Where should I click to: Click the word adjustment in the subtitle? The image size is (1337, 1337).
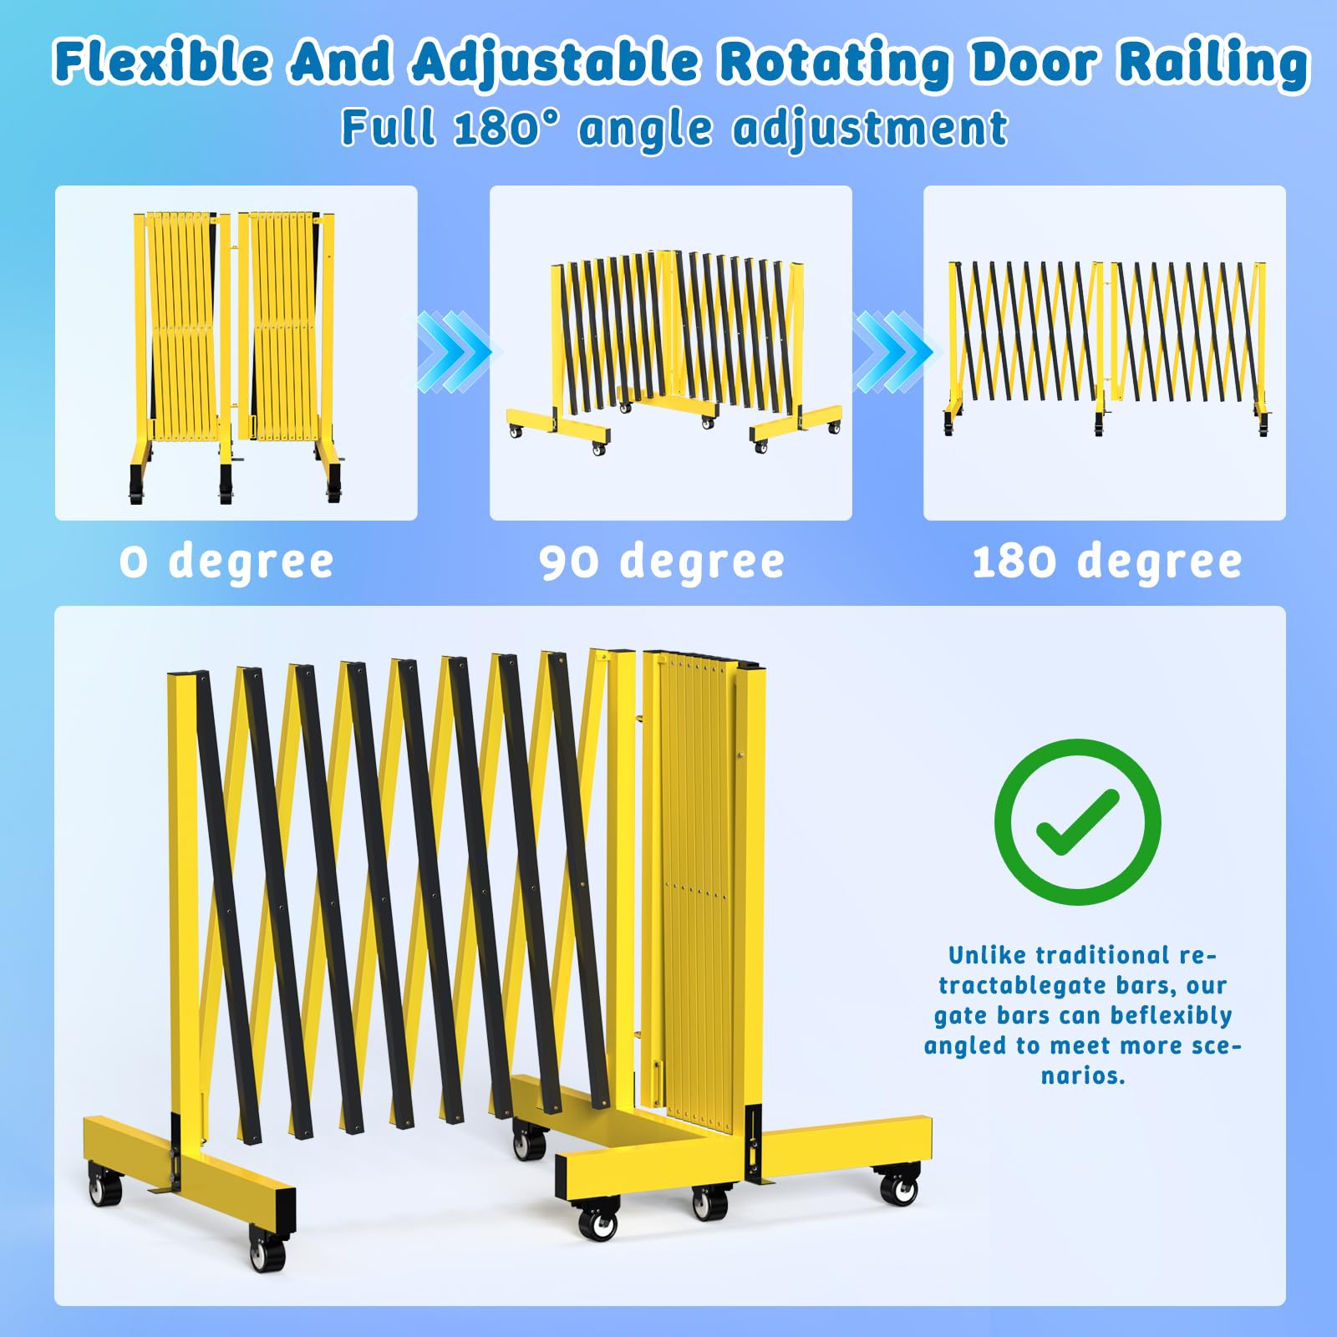point(870,130)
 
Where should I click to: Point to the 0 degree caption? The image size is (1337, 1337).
point(226,561)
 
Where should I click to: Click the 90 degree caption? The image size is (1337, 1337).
point(662,561)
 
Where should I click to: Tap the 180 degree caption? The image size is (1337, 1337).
point(1106,561)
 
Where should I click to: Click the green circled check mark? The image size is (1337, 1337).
point(1077,821)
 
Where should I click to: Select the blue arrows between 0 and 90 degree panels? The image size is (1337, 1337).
point(454,351)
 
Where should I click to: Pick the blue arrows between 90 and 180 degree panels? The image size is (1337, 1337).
point(892,351)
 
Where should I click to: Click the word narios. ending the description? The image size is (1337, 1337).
point(1083,1075)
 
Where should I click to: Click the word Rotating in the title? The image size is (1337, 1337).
point(835,64)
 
